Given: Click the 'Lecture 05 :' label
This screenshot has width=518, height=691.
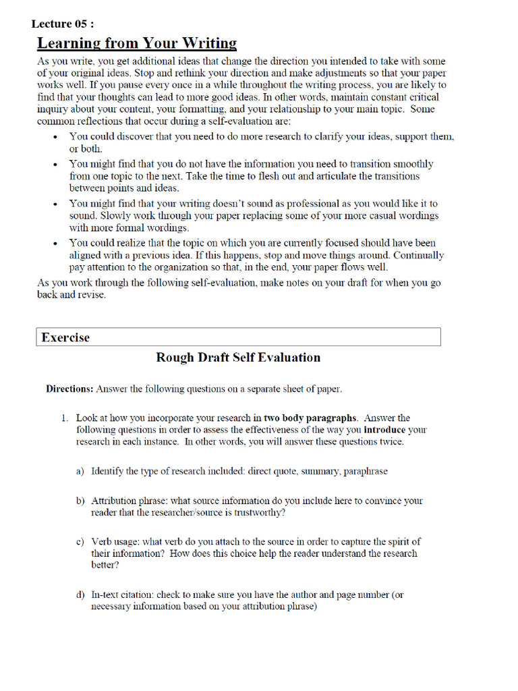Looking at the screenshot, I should tap(63, 24).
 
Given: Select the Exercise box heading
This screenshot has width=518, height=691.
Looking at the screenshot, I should tap(65, 337).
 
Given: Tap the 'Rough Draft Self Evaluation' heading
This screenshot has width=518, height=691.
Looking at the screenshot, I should tap(238, 357).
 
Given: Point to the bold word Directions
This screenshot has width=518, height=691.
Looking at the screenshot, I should tap(69, 389).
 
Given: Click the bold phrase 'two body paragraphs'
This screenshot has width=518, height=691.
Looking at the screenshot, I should tap(310, 418).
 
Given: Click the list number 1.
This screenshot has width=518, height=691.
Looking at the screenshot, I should tap(64, 418).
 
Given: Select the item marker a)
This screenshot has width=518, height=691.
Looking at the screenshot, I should tap(80, 471).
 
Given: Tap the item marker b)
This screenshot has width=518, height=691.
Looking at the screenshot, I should tap(80, 501).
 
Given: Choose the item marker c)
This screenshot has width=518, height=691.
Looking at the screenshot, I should tap(80, 541).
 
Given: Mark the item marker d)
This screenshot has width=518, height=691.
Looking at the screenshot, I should tap(80, 595).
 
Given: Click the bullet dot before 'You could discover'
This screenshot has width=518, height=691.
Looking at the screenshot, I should tap(55, 137).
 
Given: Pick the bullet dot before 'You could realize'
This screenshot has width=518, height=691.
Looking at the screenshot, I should tap(55, 243).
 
